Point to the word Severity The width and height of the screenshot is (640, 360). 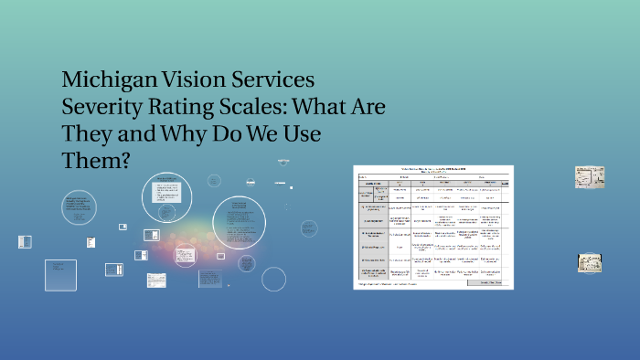[101, 106]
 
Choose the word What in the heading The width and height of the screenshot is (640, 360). [322, 106]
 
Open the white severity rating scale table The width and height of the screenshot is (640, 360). [433, 227]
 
